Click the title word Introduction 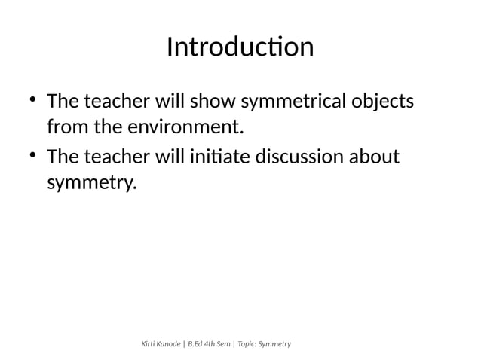click(x=240, y=47)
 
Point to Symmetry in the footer click(x=280, y=344)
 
